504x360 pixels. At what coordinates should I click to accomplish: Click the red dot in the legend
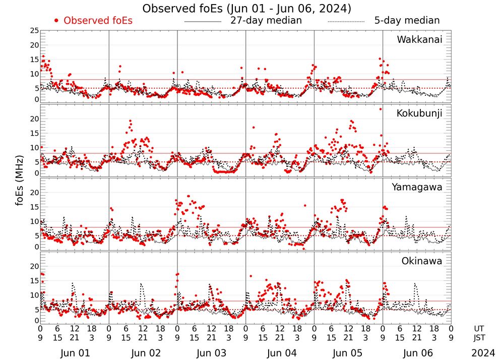click(56, 21)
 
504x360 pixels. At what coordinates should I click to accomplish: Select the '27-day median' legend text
click(266, 21)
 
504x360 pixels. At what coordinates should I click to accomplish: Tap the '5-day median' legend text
click(407, 21)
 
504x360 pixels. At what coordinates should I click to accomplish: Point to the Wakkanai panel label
click(419, 40)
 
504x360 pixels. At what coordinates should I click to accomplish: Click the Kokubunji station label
click(419, 113)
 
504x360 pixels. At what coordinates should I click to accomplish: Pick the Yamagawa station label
click(417, 187)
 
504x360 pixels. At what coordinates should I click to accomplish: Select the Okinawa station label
click(422, 261)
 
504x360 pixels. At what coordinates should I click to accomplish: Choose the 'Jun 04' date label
click(280, 353)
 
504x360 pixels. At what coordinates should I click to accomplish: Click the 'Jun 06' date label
click(417, 353)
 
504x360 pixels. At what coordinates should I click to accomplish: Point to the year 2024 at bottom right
click(483, 353)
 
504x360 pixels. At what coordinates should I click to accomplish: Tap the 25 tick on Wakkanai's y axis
click(34, 31)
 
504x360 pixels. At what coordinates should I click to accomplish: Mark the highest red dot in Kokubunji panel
click(381, 109)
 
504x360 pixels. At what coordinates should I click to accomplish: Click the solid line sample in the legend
click(203, 22)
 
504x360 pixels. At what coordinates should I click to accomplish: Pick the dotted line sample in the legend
click(346, 22)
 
